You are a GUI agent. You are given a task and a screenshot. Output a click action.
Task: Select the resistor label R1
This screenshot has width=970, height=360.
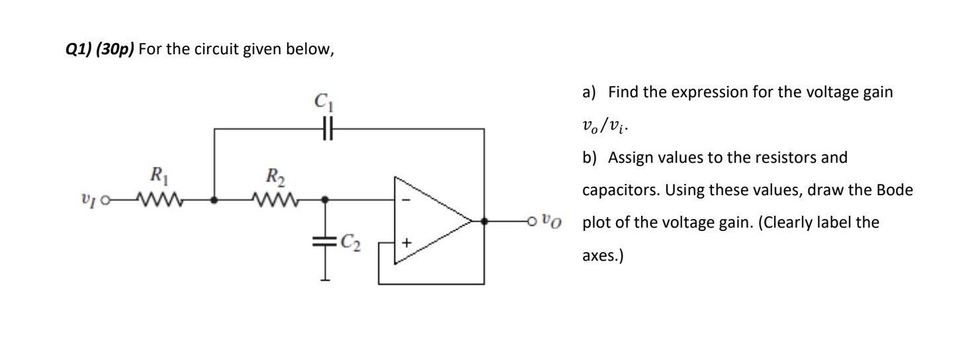click(x=157, y=177)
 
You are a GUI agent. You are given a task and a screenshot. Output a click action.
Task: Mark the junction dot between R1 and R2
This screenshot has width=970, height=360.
click(x=214, y=199)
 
